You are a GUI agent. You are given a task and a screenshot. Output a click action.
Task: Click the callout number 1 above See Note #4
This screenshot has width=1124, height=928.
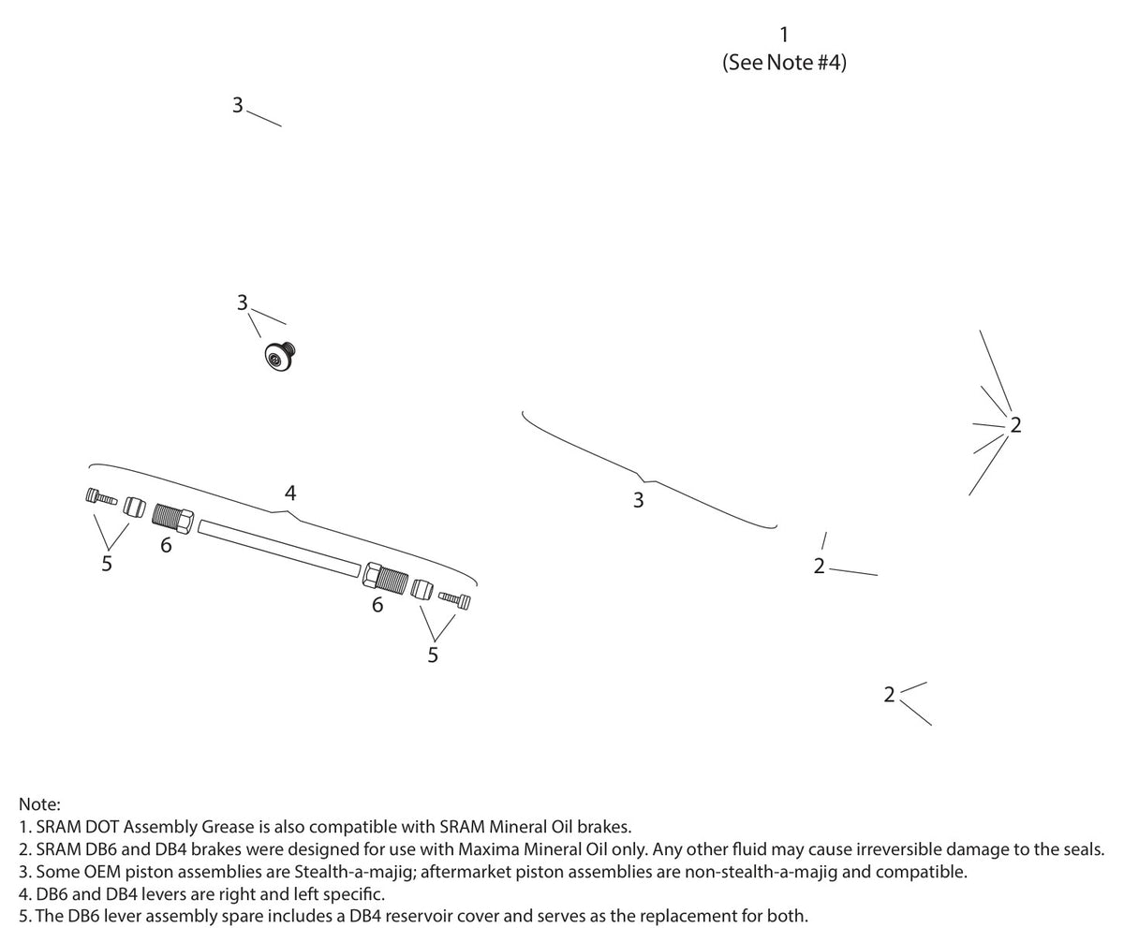tap(784, 35)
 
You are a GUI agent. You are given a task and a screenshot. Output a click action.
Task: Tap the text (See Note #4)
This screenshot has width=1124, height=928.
tap(784, 63)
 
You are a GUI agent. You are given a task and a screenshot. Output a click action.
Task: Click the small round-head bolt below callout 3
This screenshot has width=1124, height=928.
tap(280, 356)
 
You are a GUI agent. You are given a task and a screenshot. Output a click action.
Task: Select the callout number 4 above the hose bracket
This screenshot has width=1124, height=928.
tap(290, 493)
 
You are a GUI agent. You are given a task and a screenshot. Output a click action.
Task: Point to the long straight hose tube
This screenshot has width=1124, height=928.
tap(279, 548)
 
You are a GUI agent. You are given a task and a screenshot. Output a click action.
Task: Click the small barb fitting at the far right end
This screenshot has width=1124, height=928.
tap(454, 599)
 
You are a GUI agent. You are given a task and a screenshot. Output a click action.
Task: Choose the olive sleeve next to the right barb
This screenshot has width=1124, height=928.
tap(422, 588)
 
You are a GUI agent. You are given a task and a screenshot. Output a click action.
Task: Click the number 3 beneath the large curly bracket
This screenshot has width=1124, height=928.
tap(639, 500)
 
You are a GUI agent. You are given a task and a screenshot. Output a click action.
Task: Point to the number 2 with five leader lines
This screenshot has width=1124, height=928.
tap(1015, 425)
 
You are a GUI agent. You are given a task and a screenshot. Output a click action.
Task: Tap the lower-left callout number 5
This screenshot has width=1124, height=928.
tap(107, 564)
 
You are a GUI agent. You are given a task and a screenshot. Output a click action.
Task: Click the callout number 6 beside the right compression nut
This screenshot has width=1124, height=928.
tap(377, 605)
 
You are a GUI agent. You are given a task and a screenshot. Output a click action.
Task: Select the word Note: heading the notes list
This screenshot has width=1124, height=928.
tap(40, 804)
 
